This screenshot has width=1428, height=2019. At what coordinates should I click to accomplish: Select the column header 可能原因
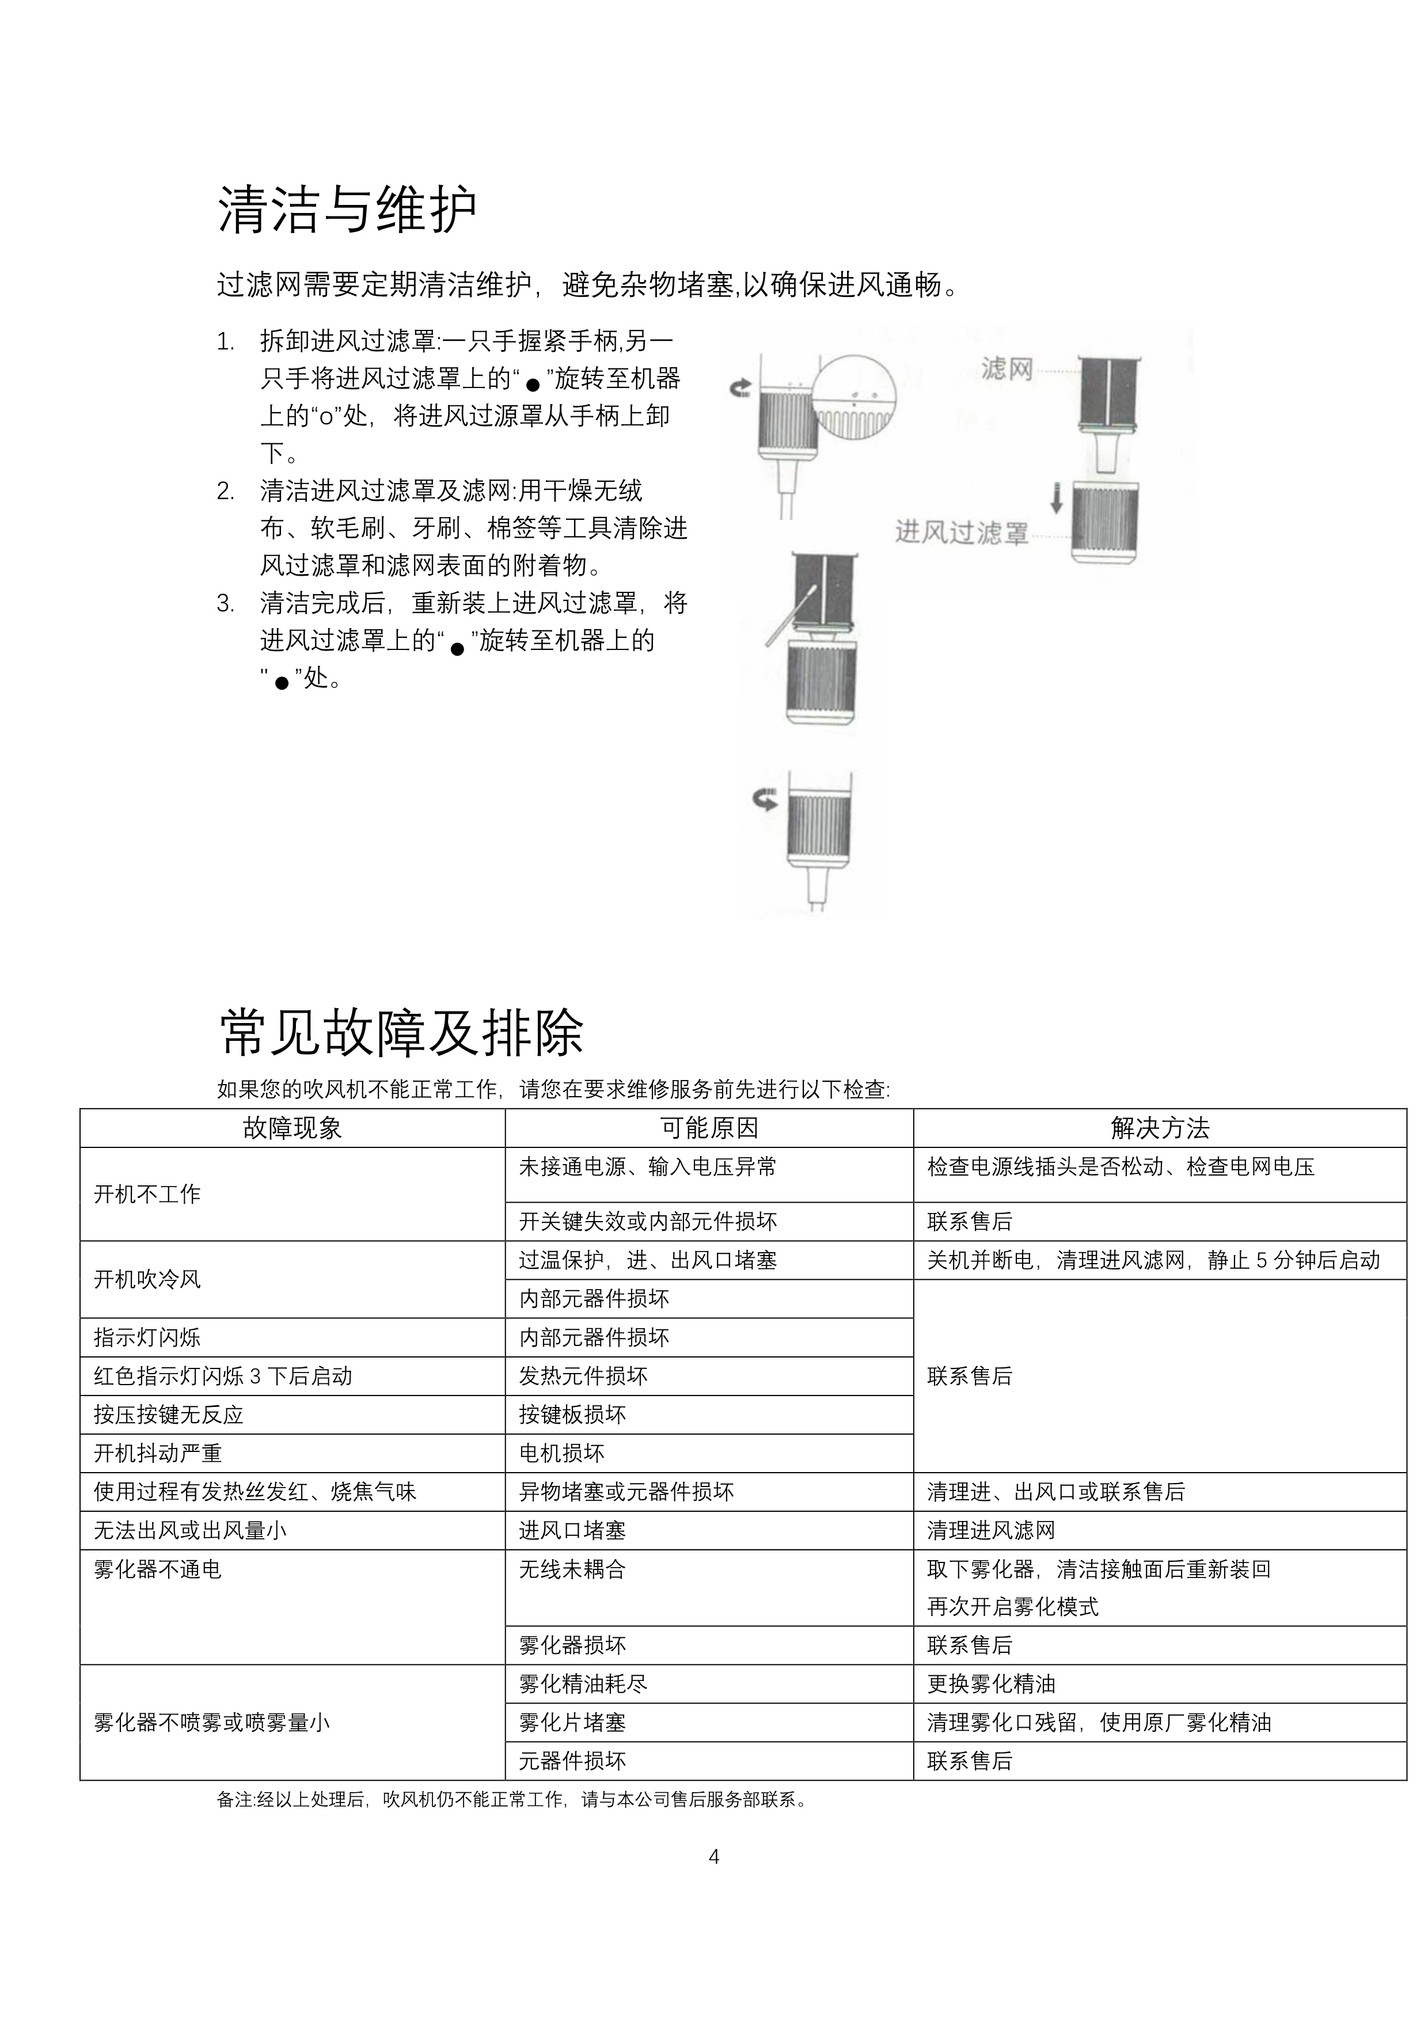[x=709, y=1128]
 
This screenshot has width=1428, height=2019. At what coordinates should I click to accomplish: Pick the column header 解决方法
[x=1159, y=1128]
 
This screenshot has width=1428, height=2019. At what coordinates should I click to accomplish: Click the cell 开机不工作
[x=148, y=1194]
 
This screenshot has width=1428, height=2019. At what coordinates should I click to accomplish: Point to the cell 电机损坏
[x=562, y=1453]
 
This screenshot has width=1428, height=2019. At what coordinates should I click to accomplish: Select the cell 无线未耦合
[x=572, y=1569]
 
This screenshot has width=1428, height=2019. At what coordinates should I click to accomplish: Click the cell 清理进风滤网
[x=991, y=1530]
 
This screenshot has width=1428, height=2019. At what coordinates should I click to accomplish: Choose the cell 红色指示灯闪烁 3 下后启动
[x=223, y=1376]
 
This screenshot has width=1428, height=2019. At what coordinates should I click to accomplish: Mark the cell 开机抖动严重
[x=158, y=1453]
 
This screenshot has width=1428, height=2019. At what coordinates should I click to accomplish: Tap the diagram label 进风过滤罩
[x=961, y=533]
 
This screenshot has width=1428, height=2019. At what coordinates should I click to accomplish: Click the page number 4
[x=714, y=1856]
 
